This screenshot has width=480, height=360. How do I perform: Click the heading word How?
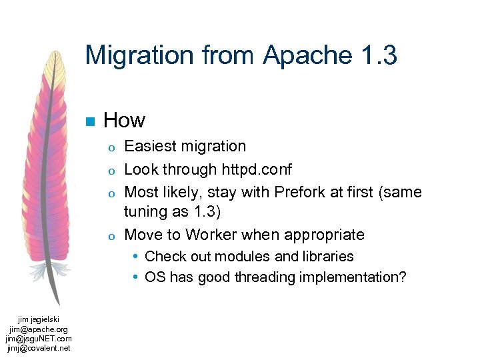(x=124, y=120)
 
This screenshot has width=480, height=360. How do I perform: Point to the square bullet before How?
(x=89, y=121)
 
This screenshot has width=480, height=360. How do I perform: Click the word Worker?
(x=211, y=235)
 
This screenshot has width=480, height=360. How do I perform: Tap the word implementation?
(x=353, y=277)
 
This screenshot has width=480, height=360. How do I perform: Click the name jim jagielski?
(x=38, y=320)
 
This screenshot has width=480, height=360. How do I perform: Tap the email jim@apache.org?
(x=38, y=329)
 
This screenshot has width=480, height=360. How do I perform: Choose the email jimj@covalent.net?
(x=38, y=347)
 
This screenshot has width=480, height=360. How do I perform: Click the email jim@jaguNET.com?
(x=38, y=339)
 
